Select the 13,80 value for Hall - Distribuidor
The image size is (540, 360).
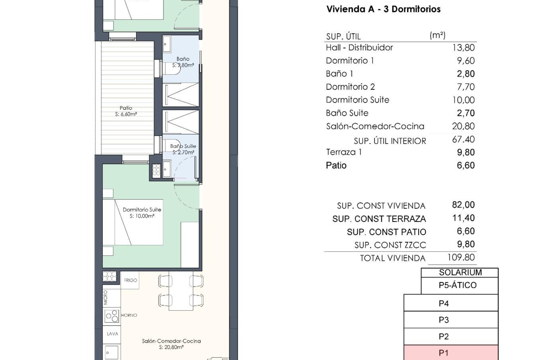coord(463,48)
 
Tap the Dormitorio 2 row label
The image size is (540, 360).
coord(350,87)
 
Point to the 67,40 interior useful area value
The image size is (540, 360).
coord(463,139)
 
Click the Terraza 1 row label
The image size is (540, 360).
coord(344,152)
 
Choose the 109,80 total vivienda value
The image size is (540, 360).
coord(461,257)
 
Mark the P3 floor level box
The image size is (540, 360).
coord(451,320)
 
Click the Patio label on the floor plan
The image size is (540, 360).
coord(126,108)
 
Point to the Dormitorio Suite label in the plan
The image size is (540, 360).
coord(142,210)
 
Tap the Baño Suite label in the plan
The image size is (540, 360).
coord(183,146)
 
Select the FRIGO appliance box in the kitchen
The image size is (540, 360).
coord(130,280)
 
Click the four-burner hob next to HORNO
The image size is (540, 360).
coord(112,316)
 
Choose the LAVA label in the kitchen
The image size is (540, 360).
coord(112,334)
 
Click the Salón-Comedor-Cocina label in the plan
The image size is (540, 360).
coord(171,341)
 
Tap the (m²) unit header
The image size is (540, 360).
coord(437,35)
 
